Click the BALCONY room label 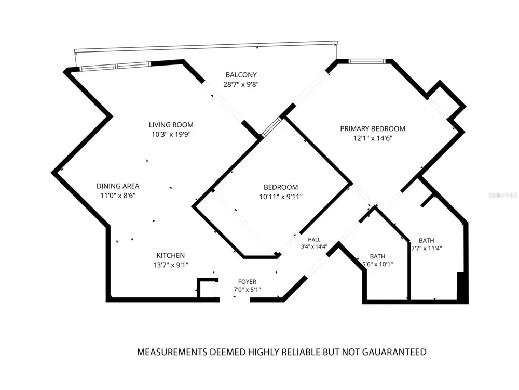coord(241,75)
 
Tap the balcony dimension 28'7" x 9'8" coord(241,84)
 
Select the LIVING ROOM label coord(171,125)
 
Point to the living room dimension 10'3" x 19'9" coord(171,134)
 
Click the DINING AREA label coord(118,186)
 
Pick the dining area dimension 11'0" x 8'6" coord(118,196)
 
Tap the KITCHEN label coord(171,255)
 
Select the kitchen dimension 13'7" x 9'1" coord(171,265)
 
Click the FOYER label coord(247,281)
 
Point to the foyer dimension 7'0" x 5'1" coord(247,290)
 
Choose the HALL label coord(314,239)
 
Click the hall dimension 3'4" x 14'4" coord(314,246)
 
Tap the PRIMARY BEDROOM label coord(373,128)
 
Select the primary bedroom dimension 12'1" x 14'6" coord(373,138)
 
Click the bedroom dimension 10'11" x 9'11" coord(281,197)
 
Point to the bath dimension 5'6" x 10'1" coord(378,264)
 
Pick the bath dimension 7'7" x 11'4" coord(427,248)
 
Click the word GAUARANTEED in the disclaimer coord(394,352)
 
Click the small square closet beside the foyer coord(208,288)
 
